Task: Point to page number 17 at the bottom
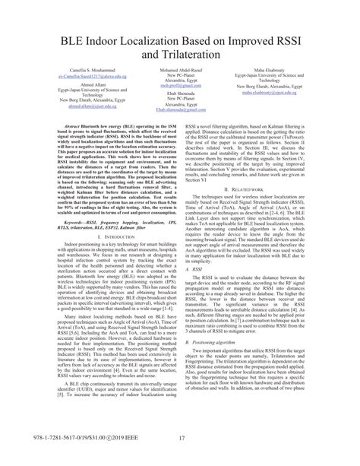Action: coord(180,458)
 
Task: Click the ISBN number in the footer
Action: coord(36,458)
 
